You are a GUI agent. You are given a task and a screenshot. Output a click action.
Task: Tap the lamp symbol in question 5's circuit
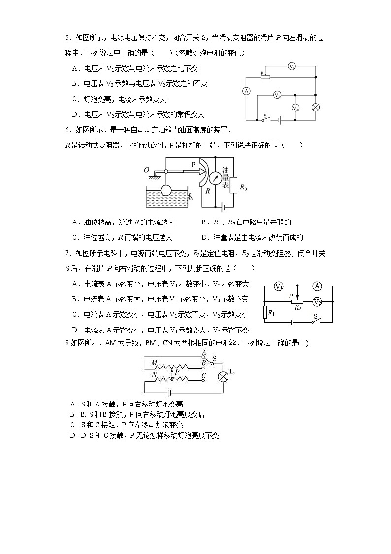point(317,107)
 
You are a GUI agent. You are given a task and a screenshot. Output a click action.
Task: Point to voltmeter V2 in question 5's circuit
point(295,107)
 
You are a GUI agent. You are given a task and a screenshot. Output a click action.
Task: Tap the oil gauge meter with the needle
point(215,178)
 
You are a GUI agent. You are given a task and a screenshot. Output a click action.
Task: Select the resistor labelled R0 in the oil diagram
point(233,186)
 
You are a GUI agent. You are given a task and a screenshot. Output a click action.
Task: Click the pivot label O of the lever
point(146,170)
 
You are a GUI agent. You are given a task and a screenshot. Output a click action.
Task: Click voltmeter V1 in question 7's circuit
point(278,286)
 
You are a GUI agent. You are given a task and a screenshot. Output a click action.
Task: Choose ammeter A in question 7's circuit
point(318,286)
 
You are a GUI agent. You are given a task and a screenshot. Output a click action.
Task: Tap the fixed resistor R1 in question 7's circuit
point(265,312)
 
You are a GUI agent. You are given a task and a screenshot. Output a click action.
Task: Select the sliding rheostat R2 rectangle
point(297,301)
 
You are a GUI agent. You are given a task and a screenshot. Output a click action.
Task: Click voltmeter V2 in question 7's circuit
point(318,301)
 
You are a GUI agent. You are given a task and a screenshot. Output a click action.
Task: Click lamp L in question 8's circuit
point(223,376)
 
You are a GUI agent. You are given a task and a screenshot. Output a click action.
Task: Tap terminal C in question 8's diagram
point(203,376)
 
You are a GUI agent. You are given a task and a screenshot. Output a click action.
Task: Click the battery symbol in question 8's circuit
point(168,393)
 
